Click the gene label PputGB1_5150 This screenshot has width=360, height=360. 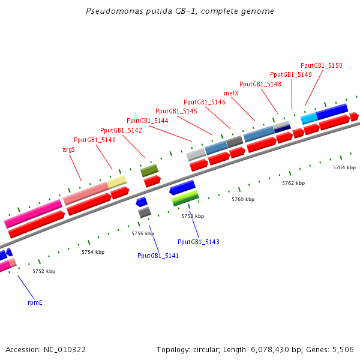[x=321, y=65]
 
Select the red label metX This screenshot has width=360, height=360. [x=231, y=93]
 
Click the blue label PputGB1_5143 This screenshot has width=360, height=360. [x=199, y=242]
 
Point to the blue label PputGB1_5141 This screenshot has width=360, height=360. [x=158, y=256]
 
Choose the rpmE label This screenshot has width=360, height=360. [x=35, y=302]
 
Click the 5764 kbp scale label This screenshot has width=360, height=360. [x=344, y=167]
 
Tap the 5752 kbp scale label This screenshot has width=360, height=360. [x=44, y=271]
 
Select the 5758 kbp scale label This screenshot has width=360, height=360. [x=193, y=216]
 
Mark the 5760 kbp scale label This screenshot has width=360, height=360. [x=243, y=199]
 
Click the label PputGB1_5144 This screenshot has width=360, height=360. [x=147, y=121]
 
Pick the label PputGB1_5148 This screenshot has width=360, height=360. [x=260, y=84]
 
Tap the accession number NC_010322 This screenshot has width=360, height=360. [x=65, y=349]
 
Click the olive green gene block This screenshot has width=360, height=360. [x=149, y=170]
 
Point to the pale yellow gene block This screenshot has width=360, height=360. [x=117, y=182]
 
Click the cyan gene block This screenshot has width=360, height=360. [x=308, y=118]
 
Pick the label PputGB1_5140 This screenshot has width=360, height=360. [x=94, y=140]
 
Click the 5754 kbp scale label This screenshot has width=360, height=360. [x=93, y=252]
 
